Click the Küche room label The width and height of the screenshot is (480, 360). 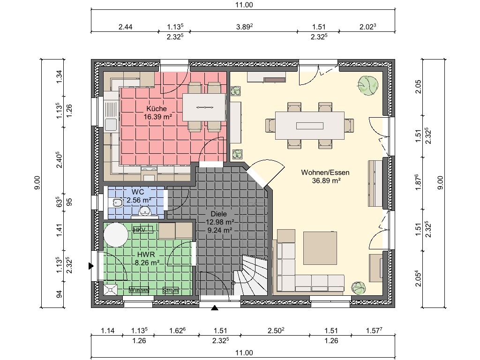coord(157,109)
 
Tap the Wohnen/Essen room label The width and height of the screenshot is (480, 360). coord(325,172)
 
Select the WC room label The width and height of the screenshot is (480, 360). coord(138,192)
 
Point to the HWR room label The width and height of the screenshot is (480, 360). coord(146,255)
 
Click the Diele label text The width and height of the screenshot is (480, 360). coord(218,214)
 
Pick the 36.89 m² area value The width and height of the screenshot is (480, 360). coord(326,180)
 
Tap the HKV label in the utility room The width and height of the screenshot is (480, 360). coord(139,230)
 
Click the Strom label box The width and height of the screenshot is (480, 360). coord(171,291)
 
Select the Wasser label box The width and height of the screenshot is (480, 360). coord(139,290)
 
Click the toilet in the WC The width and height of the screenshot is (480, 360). coord(117,202)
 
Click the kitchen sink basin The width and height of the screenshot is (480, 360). coord(111,125)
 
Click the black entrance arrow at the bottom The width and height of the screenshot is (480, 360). coord(215,308)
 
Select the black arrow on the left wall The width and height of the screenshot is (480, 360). coord(91,266)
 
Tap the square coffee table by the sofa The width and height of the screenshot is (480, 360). coord(320,248)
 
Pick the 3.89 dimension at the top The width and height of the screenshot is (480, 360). coord(244,27)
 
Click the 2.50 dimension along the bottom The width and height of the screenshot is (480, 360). coord(276,330)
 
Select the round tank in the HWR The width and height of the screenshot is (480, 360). coord(116,235)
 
